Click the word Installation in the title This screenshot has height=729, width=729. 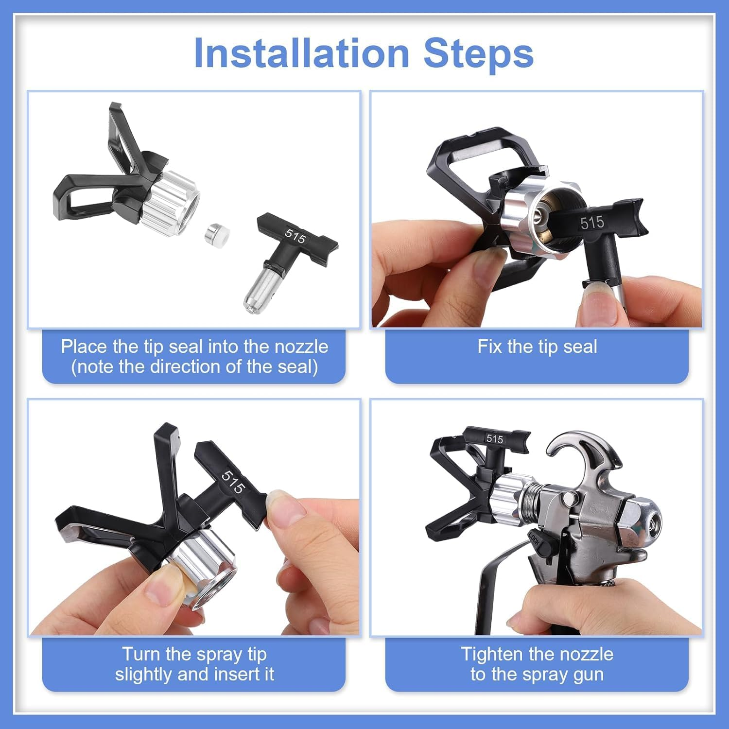tap(301, 53)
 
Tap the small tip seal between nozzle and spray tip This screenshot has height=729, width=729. tap(216, 233)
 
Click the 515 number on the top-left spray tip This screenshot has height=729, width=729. tap(295, 236)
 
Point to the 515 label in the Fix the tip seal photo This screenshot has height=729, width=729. tap(592, 223)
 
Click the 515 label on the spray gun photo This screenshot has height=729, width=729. tap(495, 439)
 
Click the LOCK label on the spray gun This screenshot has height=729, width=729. tap(535, 538)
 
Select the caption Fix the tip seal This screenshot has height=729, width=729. tap(537, 347)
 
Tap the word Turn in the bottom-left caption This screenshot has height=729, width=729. tap(141, 655)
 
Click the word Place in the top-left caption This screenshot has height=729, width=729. tap(84, 347)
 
